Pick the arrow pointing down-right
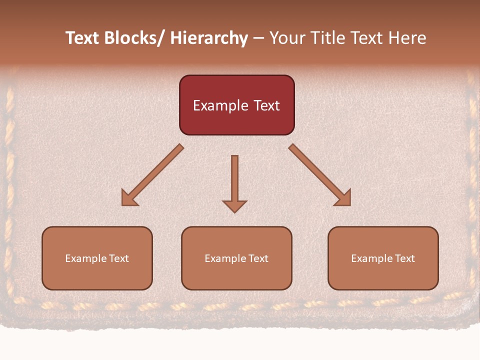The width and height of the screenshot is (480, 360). click(x=320, y=175)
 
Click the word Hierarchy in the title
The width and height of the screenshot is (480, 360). click(x=209, y=38)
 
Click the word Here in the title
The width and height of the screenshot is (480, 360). click(x=406, y=38)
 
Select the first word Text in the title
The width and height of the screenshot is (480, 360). click(x=82, y=38)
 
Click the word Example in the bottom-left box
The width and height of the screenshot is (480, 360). click(x=86, y=258)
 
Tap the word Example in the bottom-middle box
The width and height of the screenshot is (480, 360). click(x=225, y=258)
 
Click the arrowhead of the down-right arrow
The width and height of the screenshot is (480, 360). click(x=344, y=198)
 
